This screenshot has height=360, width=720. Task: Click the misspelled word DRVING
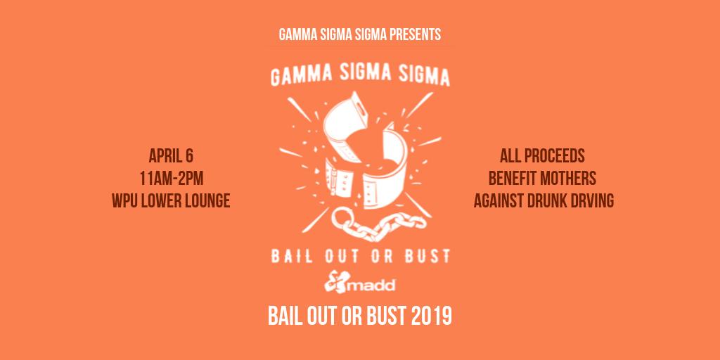pyautogui.click(x=590, y=201)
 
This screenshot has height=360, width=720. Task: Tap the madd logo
pyautogui.click(x=360, y=283)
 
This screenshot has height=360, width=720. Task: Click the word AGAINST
pyautogui.click(x=495, y=201)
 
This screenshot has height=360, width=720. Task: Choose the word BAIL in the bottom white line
pyautogui.click(x=286, y=316)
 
